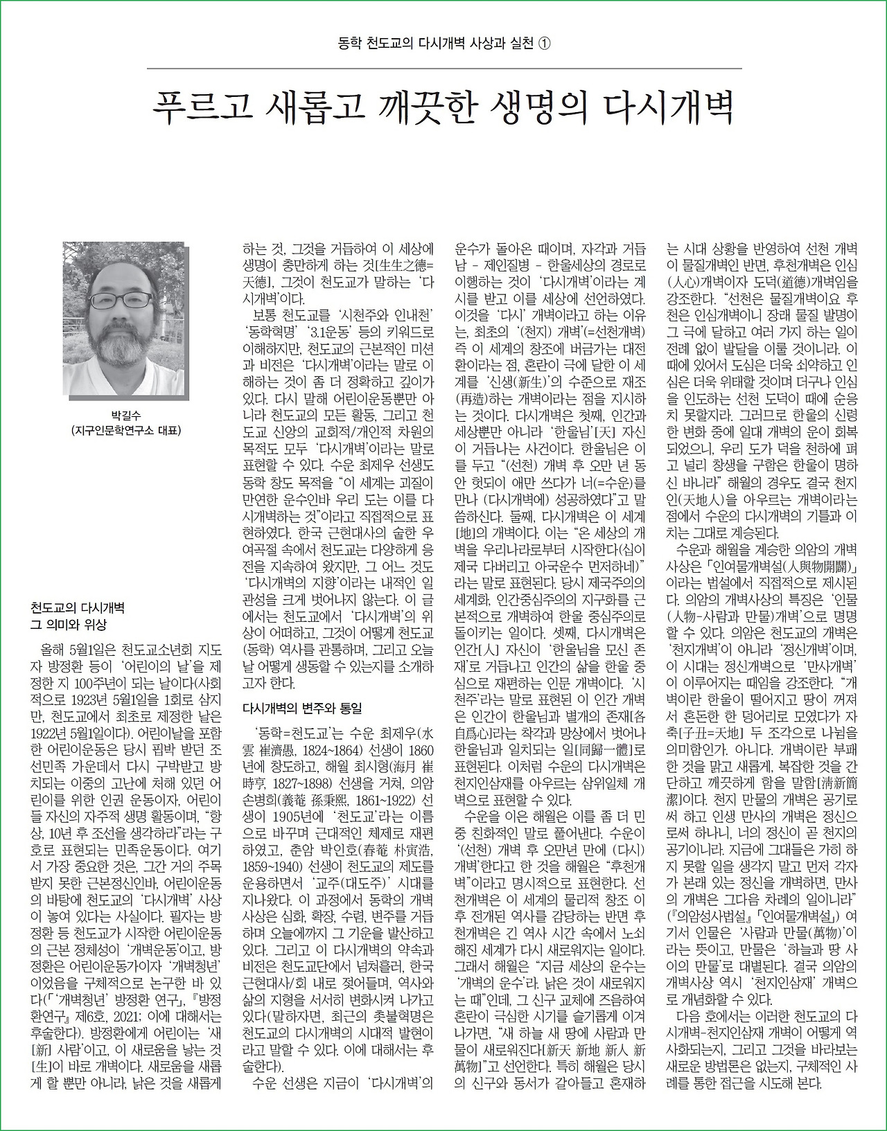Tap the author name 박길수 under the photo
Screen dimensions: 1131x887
point(125,416)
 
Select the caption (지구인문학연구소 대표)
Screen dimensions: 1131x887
point(125,431)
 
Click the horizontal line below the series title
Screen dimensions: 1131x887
point(443,68)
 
